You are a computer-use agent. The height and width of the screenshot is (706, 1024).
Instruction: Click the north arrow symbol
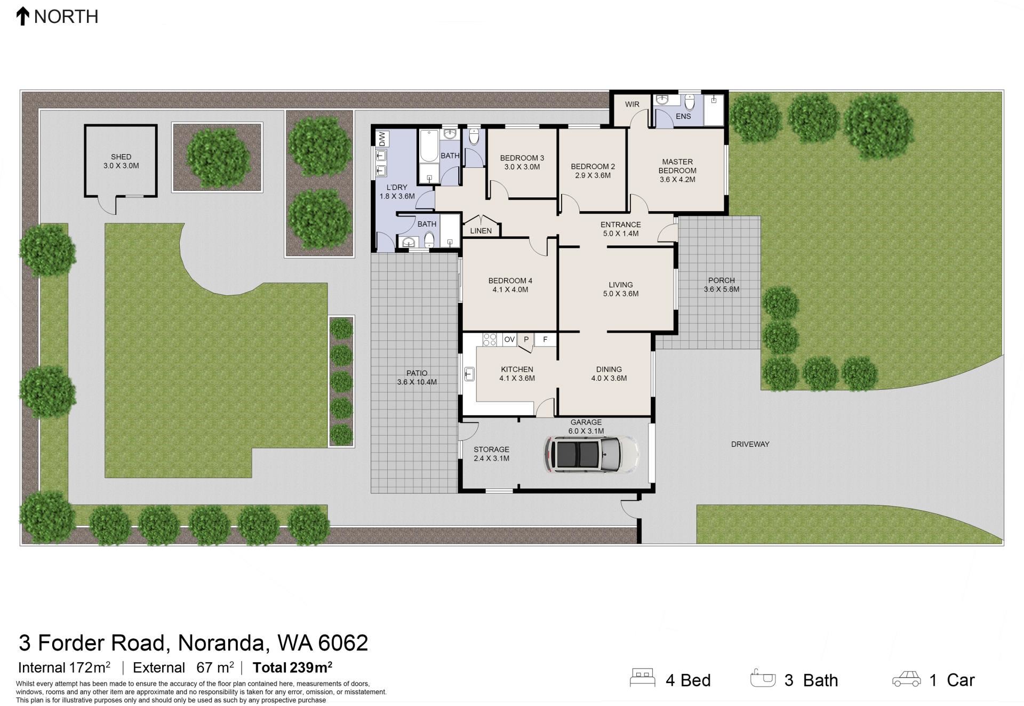(22, 16)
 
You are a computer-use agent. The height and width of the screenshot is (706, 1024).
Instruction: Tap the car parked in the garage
(591, 454)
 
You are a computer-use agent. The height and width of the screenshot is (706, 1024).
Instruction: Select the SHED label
(121, 157)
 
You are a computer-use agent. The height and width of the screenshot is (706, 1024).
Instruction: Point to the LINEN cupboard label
(481, 231)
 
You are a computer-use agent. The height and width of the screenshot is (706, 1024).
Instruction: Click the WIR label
(632, 104)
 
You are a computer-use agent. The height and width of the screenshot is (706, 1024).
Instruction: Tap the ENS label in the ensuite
(683, 116)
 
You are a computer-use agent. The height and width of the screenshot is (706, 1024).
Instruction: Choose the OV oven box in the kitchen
(509, 339)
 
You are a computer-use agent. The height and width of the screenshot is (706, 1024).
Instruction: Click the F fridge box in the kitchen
(545, 339)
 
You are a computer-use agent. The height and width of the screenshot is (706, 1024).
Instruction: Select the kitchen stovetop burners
(490, 340)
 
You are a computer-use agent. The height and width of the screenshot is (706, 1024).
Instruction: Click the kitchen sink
(469, 374)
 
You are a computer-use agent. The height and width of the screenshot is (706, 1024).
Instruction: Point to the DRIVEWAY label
(750, 444)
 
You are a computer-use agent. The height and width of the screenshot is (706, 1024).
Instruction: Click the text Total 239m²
(292, 667)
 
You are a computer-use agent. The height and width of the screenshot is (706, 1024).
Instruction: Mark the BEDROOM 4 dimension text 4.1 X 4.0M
(510, 290)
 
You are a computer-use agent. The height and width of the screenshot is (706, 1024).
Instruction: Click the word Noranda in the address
(221, 643)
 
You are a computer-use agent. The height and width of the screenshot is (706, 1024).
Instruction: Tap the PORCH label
(722, 280)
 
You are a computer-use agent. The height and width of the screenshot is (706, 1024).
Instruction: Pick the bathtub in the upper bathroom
(428, 145)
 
